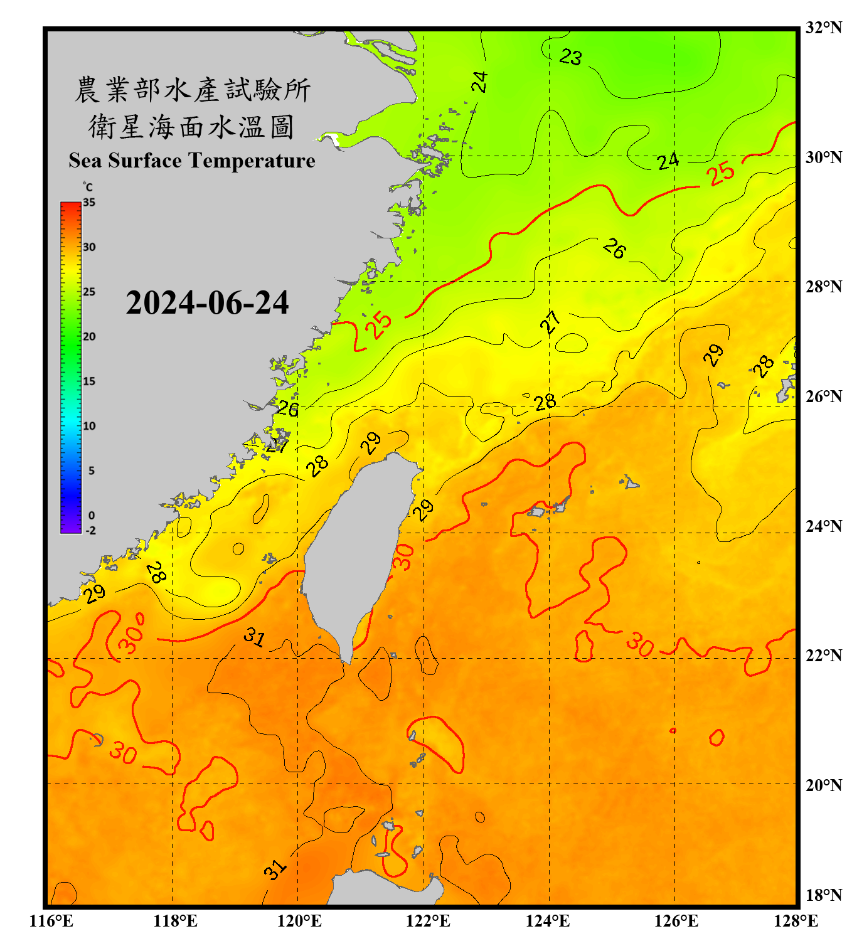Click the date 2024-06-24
(207, 303)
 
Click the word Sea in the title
(86, 161)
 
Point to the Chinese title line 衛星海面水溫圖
(191, 127)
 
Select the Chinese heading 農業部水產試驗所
(193, 90)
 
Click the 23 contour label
(570, 57)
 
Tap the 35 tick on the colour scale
(89, 203)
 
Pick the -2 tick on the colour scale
(90, 530)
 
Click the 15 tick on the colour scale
(89, 381)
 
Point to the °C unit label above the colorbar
(88, 187)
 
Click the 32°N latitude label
(823, 28)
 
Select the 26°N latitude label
(823, 396)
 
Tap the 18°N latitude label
(823, 895)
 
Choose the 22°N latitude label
(823, 656)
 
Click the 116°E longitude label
(51, 921)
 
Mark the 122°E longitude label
(428, 921)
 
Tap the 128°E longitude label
(796, 921)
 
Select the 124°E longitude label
(548, 921)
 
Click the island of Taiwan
(354, 552)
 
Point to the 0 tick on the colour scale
(92, 516)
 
